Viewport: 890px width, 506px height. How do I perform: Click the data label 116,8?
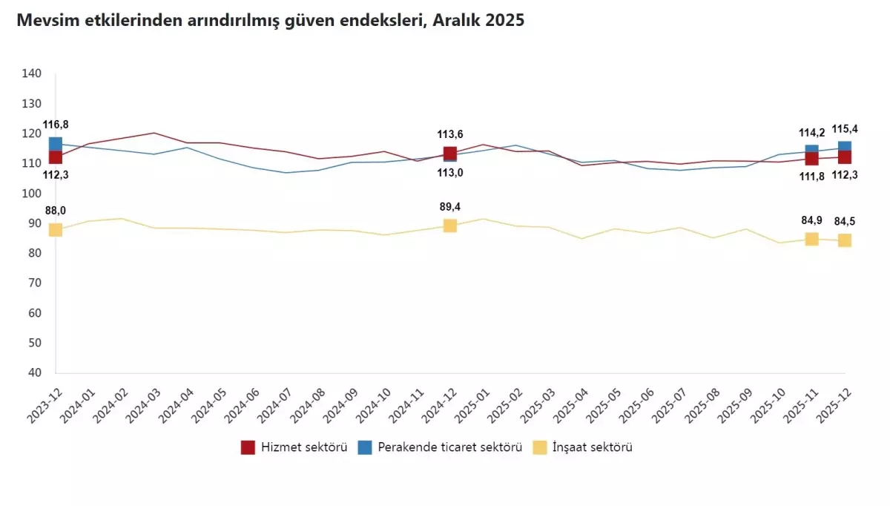tap(55, 124)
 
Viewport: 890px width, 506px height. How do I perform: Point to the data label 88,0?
tap(55, 211)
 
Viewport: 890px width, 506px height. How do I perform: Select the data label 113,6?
tap(450, 134)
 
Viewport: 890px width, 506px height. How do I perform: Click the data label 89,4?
tap(450, 207)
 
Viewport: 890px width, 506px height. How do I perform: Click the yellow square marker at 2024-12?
tap(450, 226)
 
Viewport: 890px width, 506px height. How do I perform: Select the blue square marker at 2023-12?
tap(55, 143)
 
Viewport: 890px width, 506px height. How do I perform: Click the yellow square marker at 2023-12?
tap(55, 230)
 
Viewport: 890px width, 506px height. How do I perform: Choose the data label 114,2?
tap(811, 133)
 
